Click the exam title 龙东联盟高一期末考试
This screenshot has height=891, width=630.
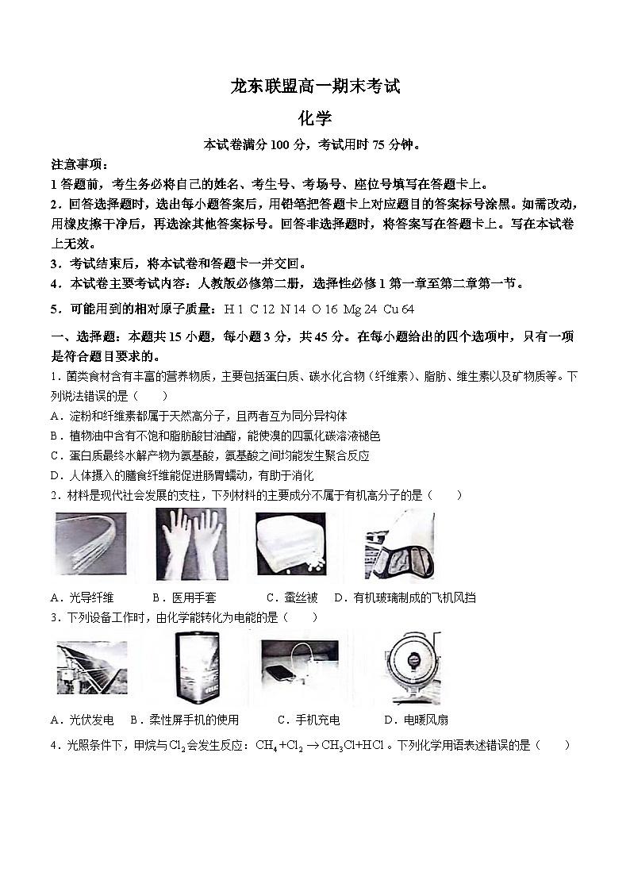coord(314,86)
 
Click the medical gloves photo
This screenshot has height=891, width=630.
coord(191,544)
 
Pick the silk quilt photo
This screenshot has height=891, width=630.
coord(290,544)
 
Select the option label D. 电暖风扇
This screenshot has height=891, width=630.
coord(416,720)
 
